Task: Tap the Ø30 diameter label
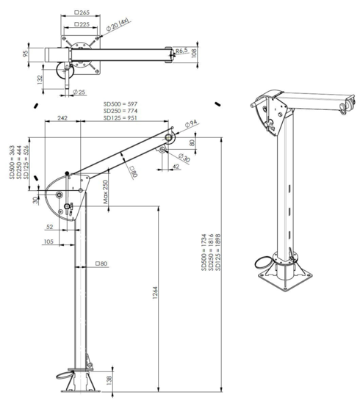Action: point(182,158)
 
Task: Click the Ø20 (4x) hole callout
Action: point(120,27)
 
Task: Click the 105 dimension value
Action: point(48,241)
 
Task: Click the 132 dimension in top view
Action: point(37,78)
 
